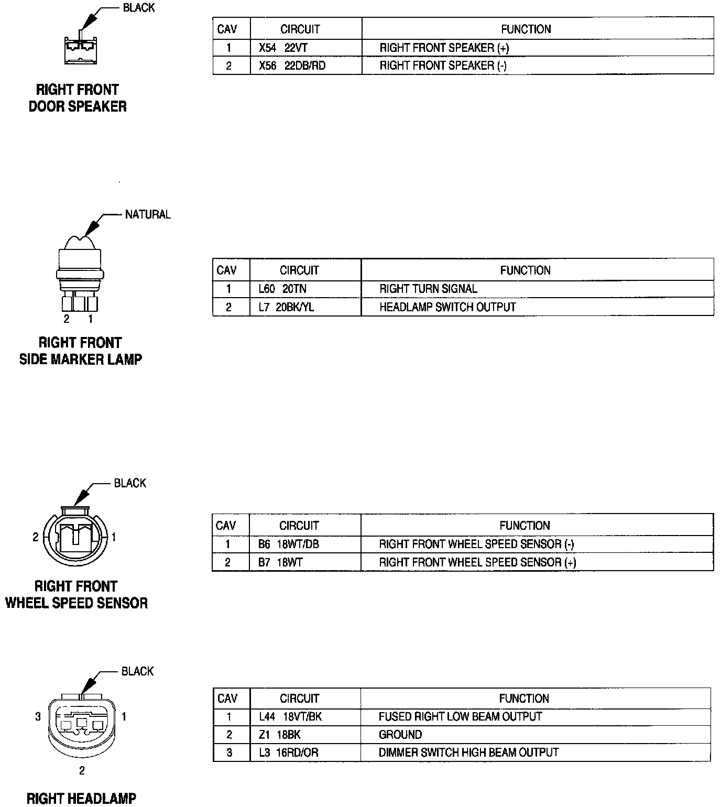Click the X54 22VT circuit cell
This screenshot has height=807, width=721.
pyautogui.click(x=283, y=48)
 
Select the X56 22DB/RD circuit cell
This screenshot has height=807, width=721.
pyautogui.click(x=292, y=66)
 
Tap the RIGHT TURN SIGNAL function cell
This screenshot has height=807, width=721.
pyautogui.click(x=428, y=289)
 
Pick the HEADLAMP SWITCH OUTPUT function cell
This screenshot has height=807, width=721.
pyautogui.click(x=447, y=307)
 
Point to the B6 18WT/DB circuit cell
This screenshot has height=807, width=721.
pyautogui.click(x=288, y=544)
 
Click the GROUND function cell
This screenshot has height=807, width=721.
pyautogui.click(x=400, y=735)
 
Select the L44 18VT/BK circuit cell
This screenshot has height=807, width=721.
pyautogui.click(x=290, y=717)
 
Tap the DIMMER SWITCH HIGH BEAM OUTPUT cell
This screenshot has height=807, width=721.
pyautogui.click(x=468, y=753)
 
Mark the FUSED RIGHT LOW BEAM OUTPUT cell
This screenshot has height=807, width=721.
pyautogui.click(x=460, y=717)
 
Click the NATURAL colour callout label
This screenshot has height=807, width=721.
pyautogui.click(x=148, y=215)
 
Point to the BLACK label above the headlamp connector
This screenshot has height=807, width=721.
pyautogui.click(x=137, y=672)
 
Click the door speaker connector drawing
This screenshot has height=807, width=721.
pyautogui.click(x=80, y=50)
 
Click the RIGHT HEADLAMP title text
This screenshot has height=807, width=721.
pyautogui.click(x=81, y=799)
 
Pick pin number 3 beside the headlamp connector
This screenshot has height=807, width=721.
pyautogui.click(x=38, y=716)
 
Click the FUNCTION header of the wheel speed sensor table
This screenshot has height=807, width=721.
pyautogui.click(x=525, y=526)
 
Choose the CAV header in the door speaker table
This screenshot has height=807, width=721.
pyautogui.click(x=227, y=29)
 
